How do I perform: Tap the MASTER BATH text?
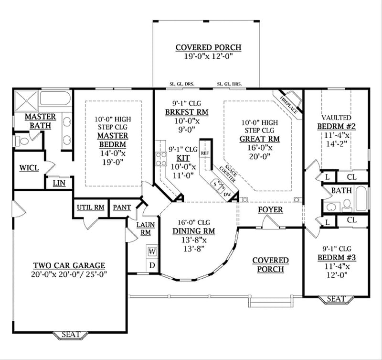pyautogui.click(x=40, y=121)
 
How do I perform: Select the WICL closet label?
pyautogui.click(x=29, y=168)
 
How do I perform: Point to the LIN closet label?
pyautogui.click(x=59, y=183)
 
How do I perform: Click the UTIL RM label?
pyautogui.click(x=90, y=207)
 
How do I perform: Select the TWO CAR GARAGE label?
pyautogui.click(x=69, y=265)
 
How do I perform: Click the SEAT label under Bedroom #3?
pyautogui.click(x=336, y=299)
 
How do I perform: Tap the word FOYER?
pyautogui.click(x=270, y=210)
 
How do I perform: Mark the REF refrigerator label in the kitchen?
pyautogui.click(x=204, y=153)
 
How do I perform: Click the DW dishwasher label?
pyautogui.click(x=227, y=194)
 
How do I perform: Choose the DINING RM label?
pyautogui.click(x=193, y=231)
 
